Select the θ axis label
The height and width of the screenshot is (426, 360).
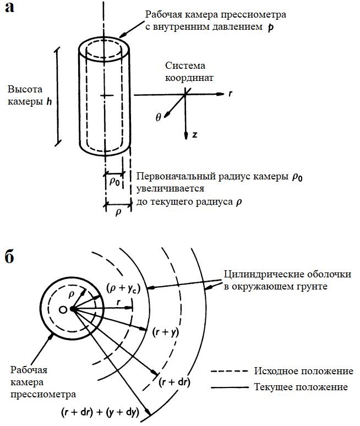(159, 117)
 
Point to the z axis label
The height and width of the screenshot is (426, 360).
(195, 134)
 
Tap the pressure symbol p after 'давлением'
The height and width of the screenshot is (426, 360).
(270, 26)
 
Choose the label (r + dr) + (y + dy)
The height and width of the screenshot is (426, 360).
(100, 412)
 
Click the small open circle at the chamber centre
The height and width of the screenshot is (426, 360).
(63, 310)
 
